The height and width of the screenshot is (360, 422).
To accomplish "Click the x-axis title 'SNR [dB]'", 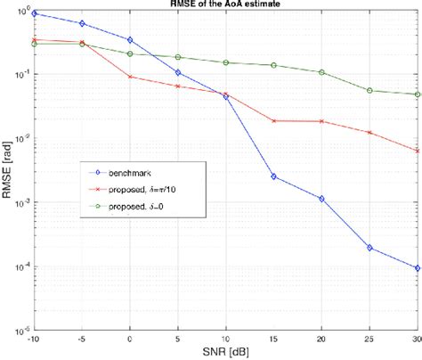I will click(225, 353).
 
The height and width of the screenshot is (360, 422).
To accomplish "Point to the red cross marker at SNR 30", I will click(418, 151).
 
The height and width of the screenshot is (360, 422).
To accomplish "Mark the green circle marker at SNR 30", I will click(418, 94).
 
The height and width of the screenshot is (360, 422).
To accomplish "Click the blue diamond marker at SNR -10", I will click(34, 14).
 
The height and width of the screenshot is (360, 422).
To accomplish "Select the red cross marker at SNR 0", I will click(130, 77).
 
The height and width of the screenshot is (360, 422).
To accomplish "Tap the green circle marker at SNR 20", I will click(321, 72).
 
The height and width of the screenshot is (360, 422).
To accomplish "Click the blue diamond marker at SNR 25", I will click(369, 248).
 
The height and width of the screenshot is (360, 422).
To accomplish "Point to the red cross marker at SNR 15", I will click(273, 120).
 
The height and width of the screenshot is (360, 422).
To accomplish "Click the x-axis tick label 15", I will click(273, 340).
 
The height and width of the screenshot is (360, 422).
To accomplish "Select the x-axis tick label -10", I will click(34, 340).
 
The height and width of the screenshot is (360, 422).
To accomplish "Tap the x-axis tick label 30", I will click(416, 340).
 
